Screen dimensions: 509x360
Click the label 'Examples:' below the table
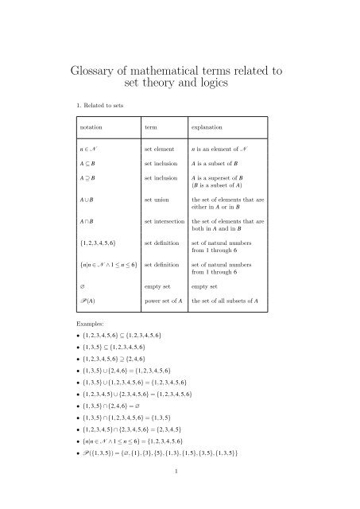click(86, 326)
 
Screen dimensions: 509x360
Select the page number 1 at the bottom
click(180, 492)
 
